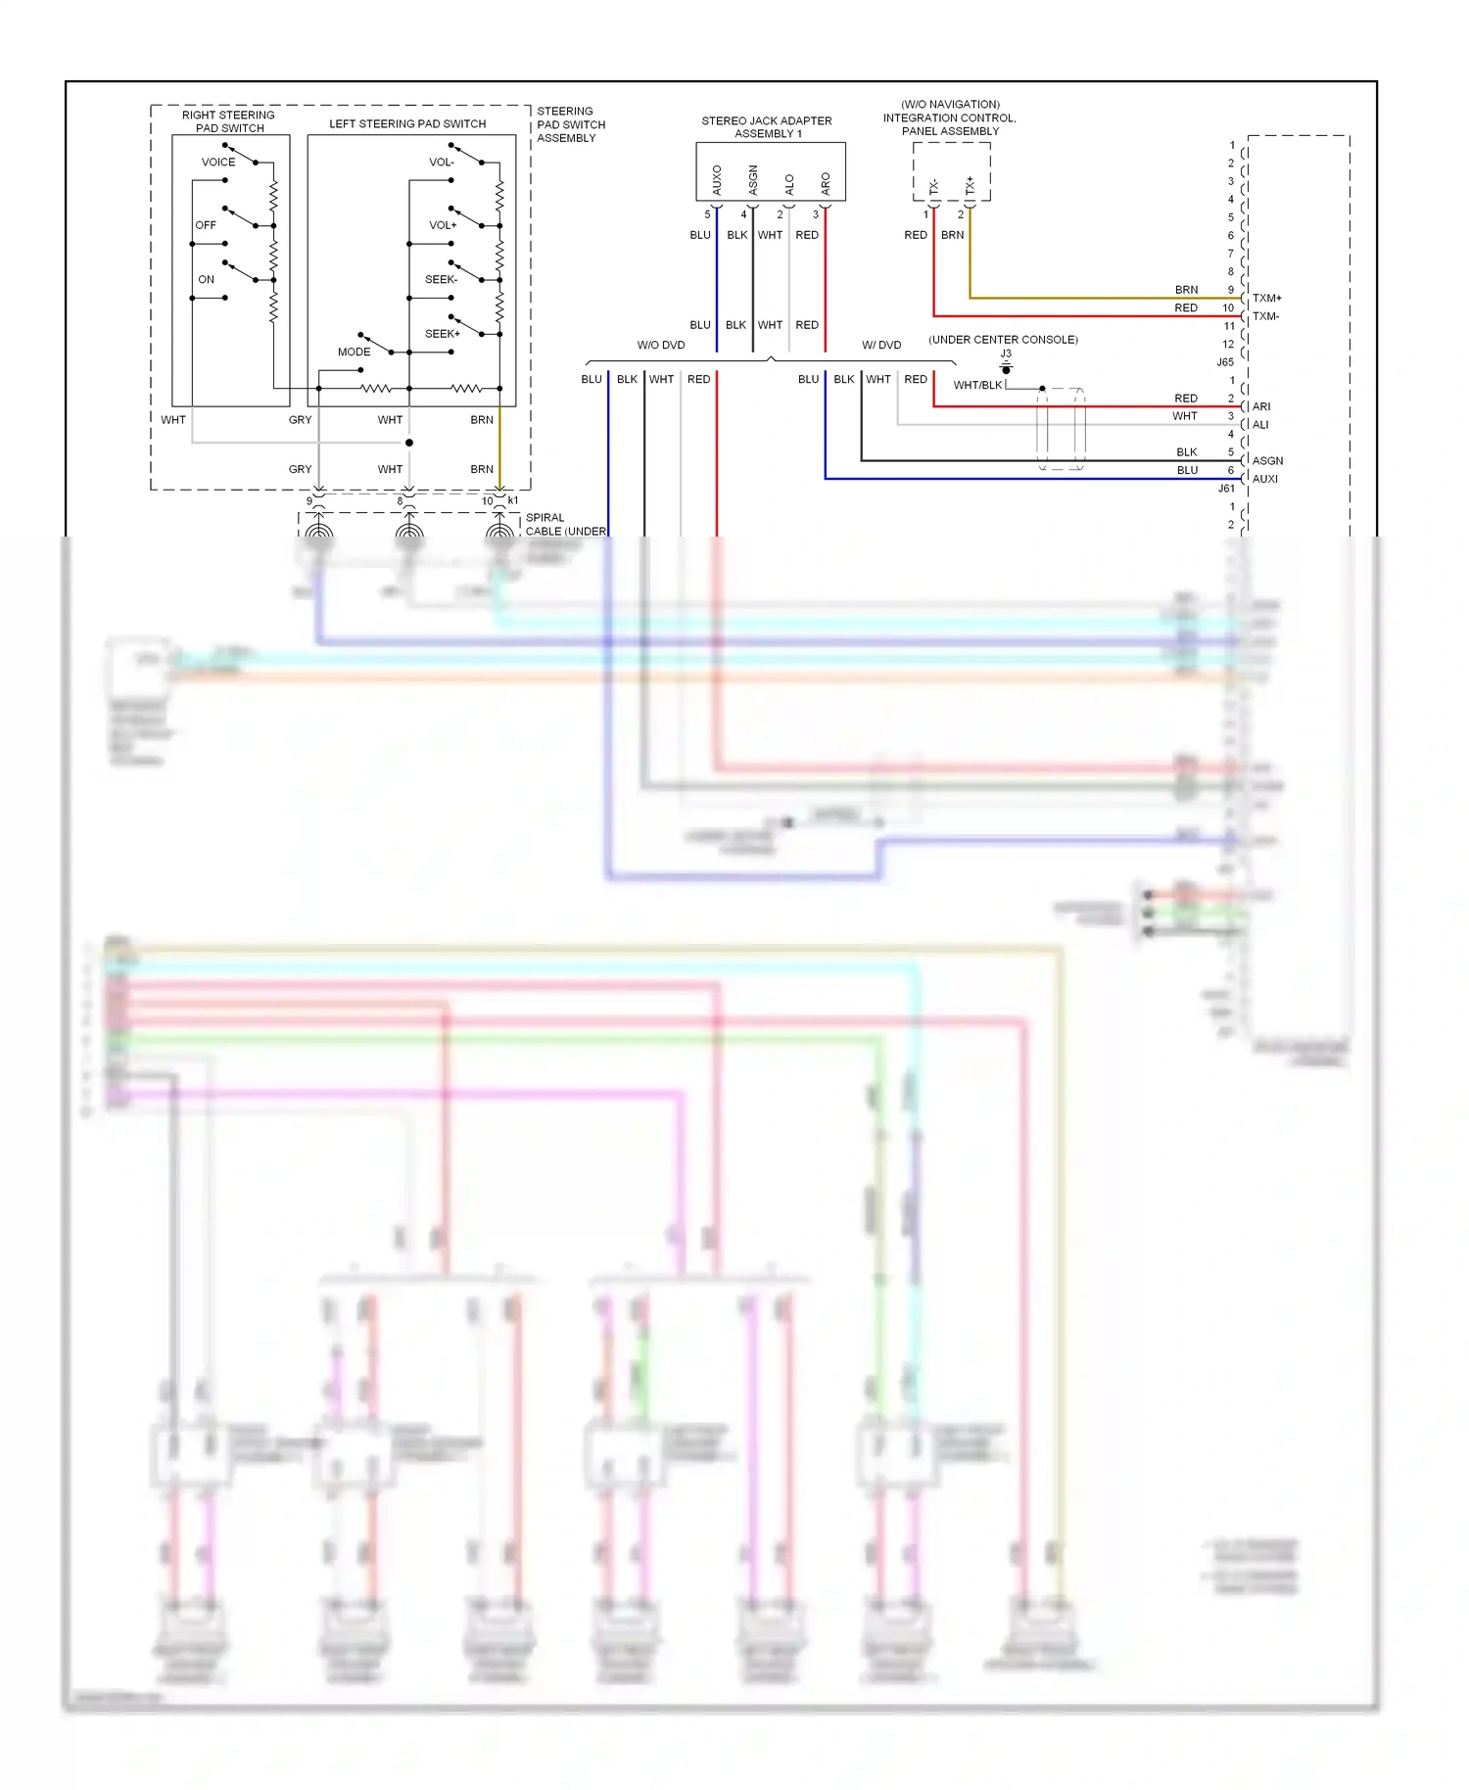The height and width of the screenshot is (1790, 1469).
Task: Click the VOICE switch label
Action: (218, 162)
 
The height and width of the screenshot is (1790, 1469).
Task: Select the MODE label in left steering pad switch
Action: (354, 352)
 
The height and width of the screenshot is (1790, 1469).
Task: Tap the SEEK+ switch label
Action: (442, 334)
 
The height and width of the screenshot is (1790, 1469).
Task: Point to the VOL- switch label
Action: (442, 162)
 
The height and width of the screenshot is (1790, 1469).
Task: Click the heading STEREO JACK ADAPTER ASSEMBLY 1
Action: (767, 127)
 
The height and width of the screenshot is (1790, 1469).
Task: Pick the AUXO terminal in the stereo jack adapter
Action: (717, 179)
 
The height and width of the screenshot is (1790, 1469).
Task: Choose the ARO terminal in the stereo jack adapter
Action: (826, 183)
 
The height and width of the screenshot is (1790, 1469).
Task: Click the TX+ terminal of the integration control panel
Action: (970, 185)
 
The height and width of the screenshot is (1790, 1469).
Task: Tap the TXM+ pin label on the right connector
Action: (1266, 298)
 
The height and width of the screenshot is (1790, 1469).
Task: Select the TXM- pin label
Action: (1265, 316)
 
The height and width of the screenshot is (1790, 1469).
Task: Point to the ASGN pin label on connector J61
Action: (1267, 460)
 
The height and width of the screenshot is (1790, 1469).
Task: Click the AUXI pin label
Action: (1265, 479)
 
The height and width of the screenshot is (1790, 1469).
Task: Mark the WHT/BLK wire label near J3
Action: (977, 385)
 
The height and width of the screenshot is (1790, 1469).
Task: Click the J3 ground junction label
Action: (1006, 353)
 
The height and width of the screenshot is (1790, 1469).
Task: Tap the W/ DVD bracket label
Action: (881, 345)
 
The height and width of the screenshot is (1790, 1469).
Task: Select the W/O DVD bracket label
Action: (661, 345)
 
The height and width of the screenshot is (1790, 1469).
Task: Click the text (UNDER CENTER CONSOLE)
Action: (1003, 340)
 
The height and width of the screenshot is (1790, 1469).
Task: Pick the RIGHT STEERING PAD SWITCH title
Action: (229, 121)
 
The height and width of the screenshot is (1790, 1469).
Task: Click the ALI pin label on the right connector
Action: (1260, 424)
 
